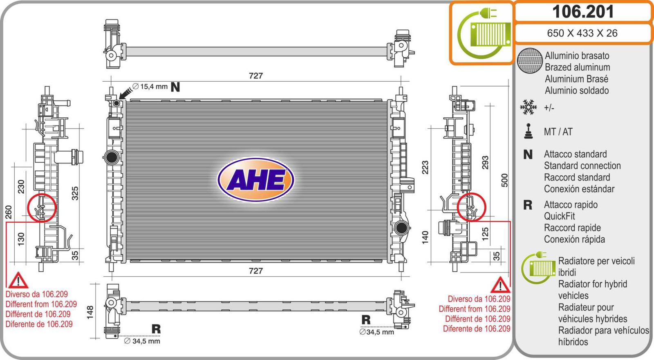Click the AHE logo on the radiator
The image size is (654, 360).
point(256,180)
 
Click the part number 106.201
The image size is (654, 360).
point(583,12)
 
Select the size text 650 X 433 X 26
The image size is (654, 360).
point(582,33)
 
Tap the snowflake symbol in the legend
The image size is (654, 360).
point(528,107)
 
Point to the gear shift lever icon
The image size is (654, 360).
point(529,131)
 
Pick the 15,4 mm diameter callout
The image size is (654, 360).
point(150,87)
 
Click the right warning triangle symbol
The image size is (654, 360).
point(500,285)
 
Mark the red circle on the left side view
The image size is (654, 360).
point(42,208)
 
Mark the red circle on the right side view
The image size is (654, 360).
point(471,207)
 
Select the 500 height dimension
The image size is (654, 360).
point(505,180)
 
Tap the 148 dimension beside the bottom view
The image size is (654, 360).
point(90,312)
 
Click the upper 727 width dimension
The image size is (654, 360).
point(256,76)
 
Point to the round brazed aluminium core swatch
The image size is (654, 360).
point(529,61)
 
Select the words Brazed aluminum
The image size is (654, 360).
point(577,67)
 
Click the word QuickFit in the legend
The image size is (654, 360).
point(559,216)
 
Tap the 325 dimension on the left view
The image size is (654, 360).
point(75,193)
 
